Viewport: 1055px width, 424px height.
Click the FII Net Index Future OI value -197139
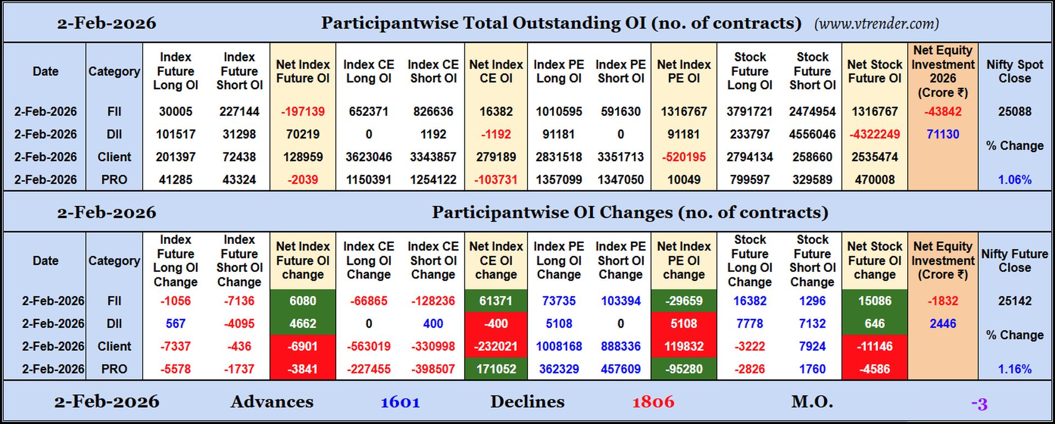tap(303, 111)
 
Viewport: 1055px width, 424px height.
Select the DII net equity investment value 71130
tap(942, 134)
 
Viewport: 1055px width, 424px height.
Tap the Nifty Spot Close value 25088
tap(1014, 111)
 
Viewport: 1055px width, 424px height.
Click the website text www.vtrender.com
tap(876, 24)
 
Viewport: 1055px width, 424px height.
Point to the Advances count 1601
tap(400, 402)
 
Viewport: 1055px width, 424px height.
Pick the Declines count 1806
tap(653, 402)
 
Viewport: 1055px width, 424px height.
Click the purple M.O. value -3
tap(979, 404)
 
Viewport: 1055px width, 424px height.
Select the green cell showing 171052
tap(496, 369)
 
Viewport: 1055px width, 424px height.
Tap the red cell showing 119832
tap(684, 347)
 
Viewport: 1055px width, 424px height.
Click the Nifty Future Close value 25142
tap(1014, 301)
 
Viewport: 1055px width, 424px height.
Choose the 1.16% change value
tap(1014, 369)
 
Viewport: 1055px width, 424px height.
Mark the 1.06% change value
tap(1014, 180)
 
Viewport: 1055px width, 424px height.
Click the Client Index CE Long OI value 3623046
tap(369, 157)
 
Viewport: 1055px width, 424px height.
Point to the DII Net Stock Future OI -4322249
tap(874, 134)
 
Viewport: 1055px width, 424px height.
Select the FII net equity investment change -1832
tap(942, 301)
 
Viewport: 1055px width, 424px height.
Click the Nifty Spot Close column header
tap(1014, 71)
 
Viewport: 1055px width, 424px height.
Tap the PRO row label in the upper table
tap(114, 180)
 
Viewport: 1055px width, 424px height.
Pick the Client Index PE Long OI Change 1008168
tap(559, 347)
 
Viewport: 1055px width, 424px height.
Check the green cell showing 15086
tap(874, 301)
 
